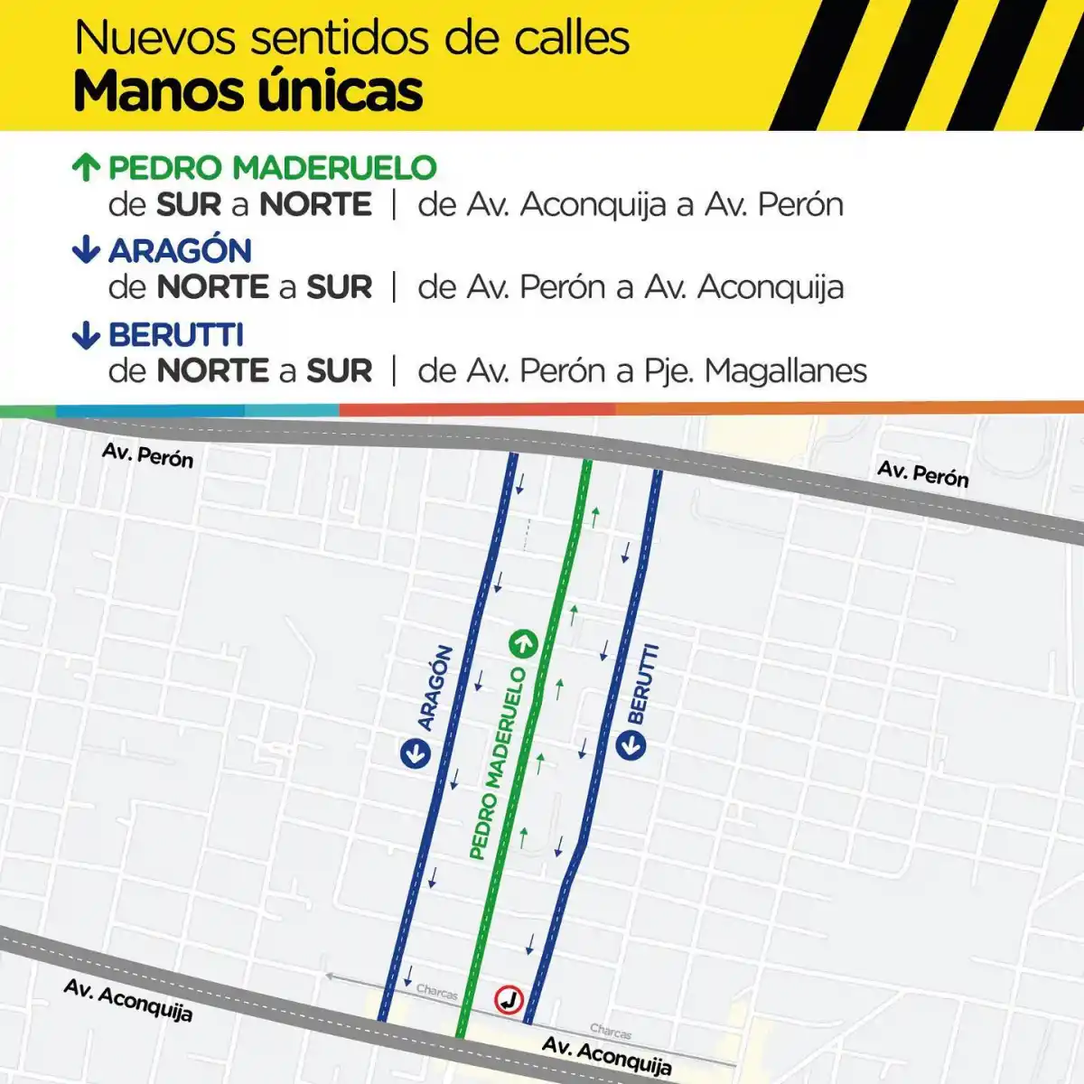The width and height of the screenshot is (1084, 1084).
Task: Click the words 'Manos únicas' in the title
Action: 248,91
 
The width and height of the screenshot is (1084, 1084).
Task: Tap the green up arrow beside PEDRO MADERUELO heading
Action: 86,167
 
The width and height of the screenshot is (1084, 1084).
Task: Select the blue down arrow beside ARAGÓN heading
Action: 86,249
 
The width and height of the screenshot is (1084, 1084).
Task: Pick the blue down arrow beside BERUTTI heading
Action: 86,335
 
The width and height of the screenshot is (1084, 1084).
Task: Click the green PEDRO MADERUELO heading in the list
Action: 272,167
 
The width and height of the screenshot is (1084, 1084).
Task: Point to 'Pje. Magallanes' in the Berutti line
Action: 755,370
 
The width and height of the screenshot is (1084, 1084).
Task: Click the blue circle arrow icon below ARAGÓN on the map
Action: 416,752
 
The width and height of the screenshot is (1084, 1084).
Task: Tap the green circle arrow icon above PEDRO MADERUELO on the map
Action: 523,644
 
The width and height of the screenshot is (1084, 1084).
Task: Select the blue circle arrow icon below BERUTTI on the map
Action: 631,745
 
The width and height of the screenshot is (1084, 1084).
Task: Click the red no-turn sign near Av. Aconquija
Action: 509,999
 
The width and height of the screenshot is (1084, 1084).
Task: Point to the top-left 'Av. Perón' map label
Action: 147,454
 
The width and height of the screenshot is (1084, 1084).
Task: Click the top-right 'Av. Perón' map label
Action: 922,473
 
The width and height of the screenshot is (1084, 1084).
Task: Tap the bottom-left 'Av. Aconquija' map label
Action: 127,1001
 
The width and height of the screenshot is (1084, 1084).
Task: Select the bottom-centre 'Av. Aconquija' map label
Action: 606,1056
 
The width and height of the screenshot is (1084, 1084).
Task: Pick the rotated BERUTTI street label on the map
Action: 643,684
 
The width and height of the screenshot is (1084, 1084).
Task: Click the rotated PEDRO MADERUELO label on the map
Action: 497,763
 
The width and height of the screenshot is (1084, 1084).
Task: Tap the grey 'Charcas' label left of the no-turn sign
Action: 437,992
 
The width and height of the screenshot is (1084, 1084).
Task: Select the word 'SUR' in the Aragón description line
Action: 339,287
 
